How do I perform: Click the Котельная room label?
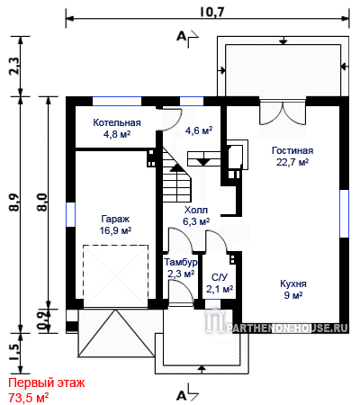(x=117, y=122)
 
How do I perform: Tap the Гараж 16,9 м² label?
(x=115, y=225)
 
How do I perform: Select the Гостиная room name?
(x=292, y=150)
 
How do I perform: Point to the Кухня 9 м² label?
(x=293, y=289)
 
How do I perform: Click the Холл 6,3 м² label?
(x=196, y=216)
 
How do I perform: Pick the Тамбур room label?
(x=181, y=262)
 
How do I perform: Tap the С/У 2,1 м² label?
(x=220, y=283)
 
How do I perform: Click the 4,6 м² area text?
(x=199, y=130)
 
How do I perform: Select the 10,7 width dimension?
(x=211, y=12)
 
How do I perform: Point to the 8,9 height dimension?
(x=14, y=202)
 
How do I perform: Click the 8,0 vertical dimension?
(x=42, y=202)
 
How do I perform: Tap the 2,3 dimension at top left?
(x=14, y=66)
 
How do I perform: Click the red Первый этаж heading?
(x=47, y=383)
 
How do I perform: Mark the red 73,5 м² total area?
(x=29, y=398)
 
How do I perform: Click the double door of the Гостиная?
(x=283, y=113)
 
